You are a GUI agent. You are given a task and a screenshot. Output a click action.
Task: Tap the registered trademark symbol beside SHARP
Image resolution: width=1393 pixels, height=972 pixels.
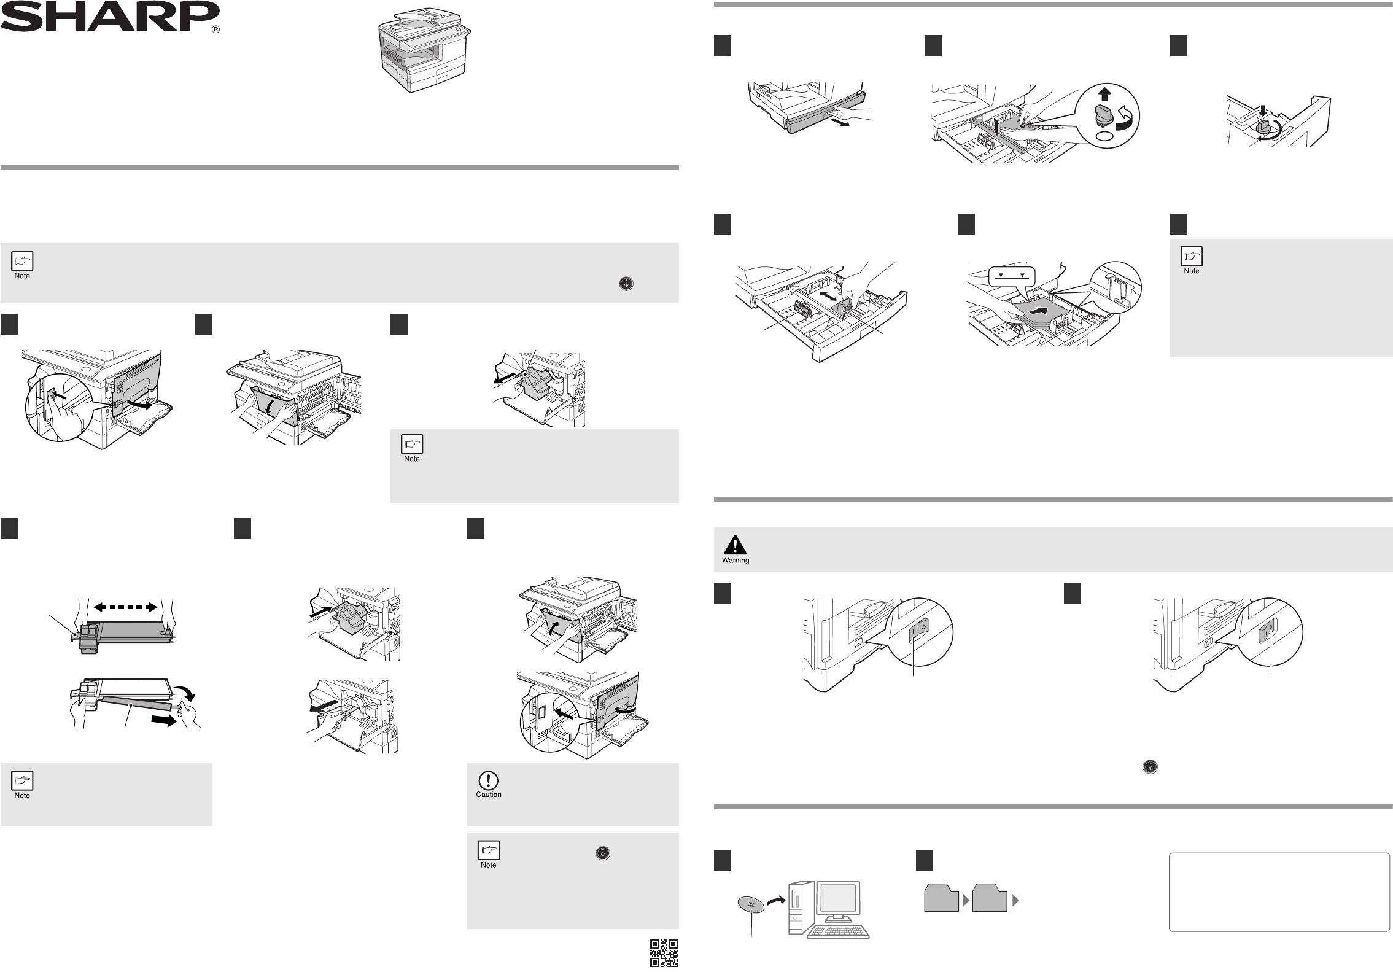click(215, 29)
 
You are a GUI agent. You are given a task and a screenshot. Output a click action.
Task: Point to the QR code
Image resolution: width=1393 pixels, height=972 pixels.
click(664, 953)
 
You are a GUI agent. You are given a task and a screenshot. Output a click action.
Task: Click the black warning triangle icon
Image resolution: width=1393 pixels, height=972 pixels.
click(735, 545)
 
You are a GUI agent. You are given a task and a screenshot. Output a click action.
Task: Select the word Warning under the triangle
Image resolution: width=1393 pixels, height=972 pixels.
click(735, 560)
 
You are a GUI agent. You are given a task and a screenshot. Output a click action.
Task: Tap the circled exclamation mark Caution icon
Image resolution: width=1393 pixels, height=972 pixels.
click(488, 780)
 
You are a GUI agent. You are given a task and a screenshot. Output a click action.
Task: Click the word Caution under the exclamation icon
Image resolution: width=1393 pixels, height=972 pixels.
click(489, 795)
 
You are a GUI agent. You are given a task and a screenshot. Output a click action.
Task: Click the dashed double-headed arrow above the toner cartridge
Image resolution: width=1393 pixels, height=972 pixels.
click(125, 607)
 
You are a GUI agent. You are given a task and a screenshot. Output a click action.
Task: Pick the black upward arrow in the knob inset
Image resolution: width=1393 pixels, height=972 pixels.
click(1103, 95)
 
